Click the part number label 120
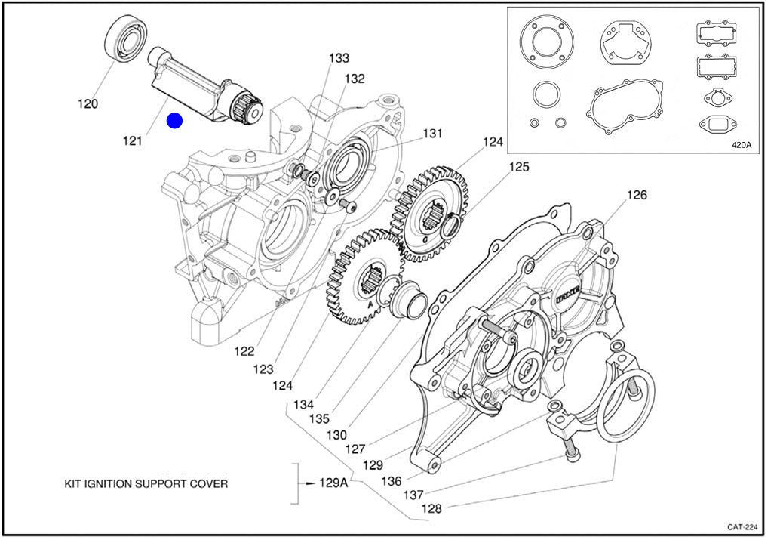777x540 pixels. [88, 104]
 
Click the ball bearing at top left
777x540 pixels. [124, 38]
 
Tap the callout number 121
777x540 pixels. [132, 141]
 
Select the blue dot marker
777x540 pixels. [174, 120]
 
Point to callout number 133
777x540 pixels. [339, 58]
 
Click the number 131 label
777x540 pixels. [432, 134]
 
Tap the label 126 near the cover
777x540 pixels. [637, 196]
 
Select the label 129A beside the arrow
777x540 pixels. [333, 483]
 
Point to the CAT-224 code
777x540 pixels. [743, 526]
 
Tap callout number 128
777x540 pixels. [431, 508]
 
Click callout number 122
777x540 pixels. [244, 351]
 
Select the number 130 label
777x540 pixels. [336, 435]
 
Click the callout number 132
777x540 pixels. [355, 79]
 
